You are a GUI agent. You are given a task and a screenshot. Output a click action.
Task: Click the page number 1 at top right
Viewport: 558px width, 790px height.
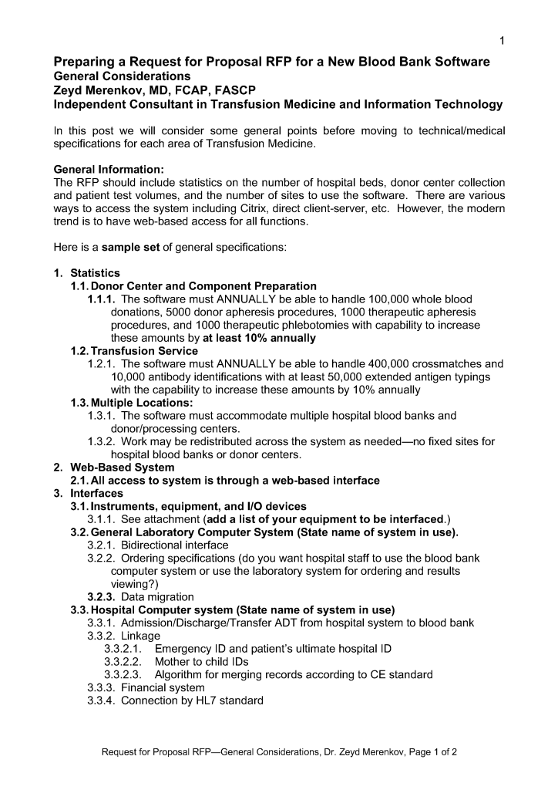coord(501,40)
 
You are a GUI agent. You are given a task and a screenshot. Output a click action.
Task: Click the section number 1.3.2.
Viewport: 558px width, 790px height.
coord(102,442)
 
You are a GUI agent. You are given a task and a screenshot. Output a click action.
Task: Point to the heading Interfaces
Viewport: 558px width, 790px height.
coord(96,493)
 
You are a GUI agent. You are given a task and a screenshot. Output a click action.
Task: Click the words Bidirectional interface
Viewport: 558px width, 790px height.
coord(175,545)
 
